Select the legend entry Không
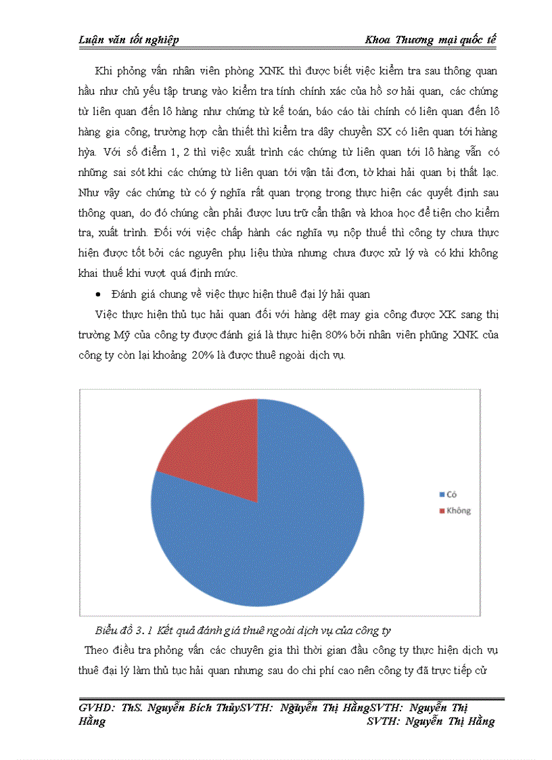(458, 511)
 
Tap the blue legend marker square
(442, 495)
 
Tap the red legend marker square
(442, 511)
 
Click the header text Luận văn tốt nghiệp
(129, 40)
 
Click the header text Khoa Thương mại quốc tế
(430, 40)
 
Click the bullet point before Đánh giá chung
(99, 294)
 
